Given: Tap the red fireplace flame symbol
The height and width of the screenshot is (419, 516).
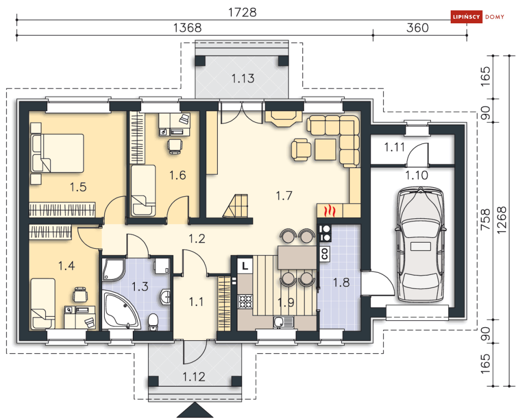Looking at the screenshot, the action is pyautogui.click(x=330, y=211).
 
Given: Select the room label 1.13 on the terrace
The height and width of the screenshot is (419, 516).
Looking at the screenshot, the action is pyautogui.click(x=243, y=79).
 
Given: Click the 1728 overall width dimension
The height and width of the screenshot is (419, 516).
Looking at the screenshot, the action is pyautogui.click(x=242, y=12).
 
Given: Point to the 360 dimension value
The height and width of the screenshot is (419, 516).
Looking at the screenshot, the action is pyautogui.click(x=417, y=27).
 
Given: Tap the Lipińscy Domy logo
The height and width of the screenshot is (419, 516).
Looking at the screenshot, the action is pyautogui.click(x=478, y=17).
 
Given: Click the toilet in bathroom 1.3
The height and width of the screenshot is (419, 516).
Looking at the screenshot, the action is pyautogui.click(x=152, y=322).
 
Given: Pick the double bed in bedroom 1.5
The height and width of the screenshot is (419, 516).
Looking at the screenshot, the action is pyautogui.click(x=57, y=153).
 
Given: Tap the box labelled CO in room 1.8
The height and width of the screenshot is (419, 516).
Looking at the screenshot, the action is pyautogui.click(x=325, y=254).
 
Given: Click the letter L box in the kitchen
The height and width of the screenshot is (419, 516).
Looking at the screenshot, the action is pyautogui.click(x=245, y=266).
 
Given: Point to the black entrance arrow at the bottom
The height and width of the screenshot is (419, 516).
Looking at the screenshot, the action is pyautogui.click(x=195, y=410).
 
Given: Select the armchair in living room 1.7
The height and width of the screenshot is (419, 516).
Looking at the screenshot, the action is pyautogui.click(x=301, y=150).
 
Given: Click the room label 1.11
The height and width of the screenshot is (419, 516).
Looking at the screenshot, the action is pyautogui.click(x=395, y=147).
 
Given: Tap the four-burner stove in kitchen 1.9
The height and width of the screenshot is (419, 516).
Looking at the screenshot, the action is pyautogui.click(x=245, y=302).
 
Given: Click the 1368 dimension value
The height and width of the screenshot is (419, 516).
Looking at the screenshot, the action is pyautogui.click(x=187, y=27).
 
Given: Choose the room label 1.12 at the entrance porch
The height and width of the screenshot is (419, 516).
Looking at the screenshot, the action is pyautogui.click(x=194, y=376).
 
